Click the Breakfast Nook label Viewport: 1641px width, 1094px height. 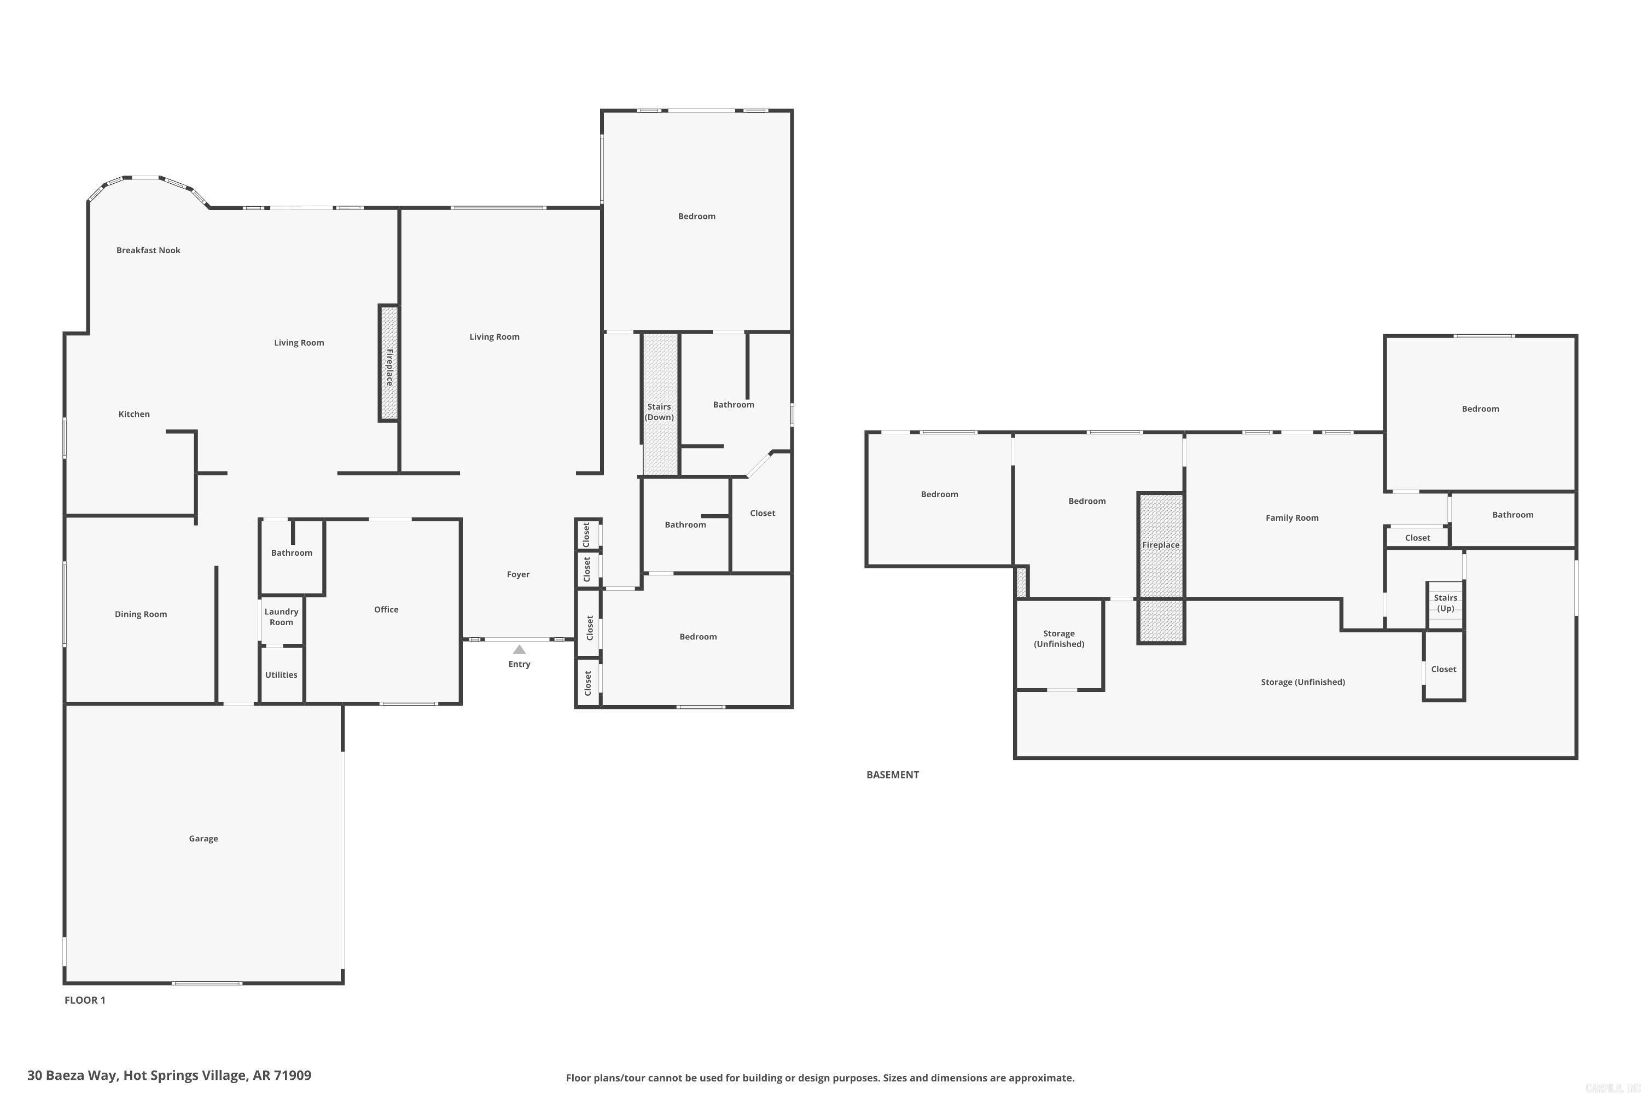148,251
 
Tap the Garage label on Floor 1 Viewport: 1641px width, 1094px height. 203,839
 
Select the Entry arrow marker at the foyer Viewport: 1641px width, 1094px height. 519,650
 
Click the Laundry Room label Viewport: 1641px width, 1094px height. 281,617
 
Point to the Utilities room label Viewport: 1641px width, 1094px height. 281,674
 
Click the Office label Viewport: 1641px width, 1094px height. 386,610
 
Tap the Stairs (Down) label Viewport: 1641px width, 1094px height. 659,412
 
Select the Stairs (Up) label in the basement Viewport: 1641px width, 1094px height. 1445,603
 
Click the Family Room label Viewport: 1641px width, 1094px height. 1291,517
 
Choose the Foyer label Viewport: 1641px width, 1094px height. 517,574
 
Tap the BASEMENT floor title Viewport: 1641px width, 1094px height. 892,775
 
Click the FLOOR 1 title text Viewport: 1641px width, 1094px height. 84,1000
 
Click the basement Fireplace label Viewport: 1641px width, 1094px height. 1160,545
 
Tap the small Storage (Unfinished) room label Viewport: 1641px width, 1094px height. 1058,638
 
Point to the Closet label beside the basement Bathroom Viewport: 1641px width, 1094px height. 1417,538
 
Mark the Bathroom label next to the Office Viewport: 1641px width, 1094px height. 292,552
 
